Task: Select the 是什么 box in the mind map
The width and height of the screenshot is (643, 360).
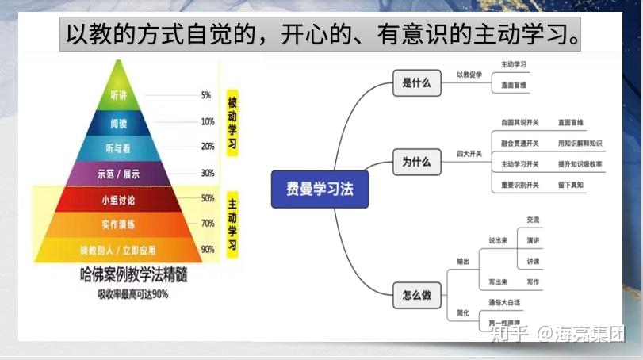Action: click(x=416, y=82)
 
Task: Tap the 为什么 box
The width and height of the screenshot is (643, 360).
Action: click(x=416, y=162)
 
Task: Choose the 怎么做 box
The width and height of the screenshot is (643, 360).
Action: click(x=416, y=295)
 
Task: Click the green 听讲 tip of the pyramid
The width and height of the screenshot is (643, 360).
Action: click(x=119, y=96)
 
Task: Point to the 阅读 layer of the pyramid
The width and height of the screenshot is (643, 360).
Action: click(x=119, y=123)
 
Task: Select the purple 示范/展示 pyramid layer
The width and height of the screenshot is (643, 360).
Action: click(x=119, y=172)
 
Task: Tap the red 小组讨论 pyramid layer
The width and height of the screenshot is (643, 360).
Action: click(x=119, y=198)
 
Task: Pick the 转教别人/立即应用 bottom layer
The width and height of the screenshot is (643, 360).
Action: click(x=119, y=249)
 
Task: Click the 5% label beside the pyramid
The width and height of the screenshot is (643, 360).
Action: click(x=206, y=95)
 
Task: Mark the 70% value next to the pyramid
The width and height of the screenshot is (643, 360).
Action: click(x=207, y=224)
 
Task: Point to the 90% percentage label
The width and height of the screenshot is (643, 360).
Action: click(x=207, y=249)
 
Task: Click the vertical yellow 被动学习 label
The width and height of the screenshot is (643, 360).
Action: click(x=232, y=122)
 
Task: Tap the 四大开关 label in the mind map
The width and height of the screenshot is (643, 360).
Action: click(x=469, y=152)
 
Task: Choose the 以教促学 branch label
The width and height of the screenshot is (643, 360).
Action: click(x=469, y=75)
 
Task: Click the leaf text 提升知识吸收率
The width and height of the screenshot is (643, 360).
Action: click(x=580, y=164)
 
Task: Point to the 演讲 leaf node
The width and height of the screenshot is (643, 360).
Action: click(x=533, y=240)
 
